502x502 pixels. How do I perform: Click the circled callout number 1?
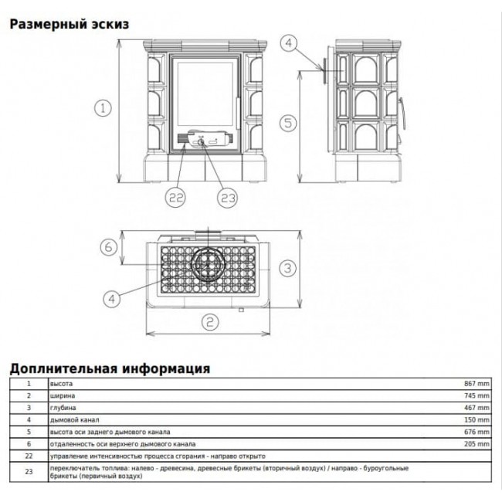point(103,108)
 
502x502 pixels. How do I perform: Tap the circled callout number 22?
point(175,198)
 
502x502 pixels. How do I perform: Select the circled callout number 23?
point(228,198)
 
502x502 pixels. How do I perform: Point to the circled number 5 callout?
point(288,124)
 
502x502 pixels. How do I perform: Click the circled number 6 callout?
point(109,247)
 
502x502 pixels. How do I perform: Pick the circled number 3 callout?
point(288,268)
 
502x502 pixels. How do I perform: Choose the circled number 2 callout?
point(210,322)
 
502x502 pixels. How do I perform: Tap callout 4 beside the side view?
point(289,43)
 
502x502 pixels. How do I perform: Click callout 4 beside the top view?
point(111,300)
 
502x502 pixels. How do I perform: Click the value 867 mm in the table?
point(477,384)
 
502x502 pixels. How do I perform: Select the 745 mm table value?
point(477,395)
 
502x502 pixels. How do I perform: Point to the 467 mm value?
point(477,408)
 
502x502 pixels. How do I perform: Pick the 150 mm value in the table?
point(477,419)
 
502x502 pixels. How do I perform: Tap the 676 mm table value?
point(477,432)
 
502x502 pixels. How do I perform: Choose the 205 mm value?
point(477,444)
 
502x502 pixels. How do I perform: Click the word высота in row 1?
point(61,384)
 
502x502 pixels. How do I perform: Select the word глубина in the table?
point(63,408)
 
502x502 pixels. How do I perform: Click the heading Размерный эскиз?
point(70,25)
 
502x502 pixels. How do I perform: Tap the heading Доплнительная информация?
point(110,368)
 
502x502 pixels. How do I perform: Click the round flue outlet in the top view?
point(208,265)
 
